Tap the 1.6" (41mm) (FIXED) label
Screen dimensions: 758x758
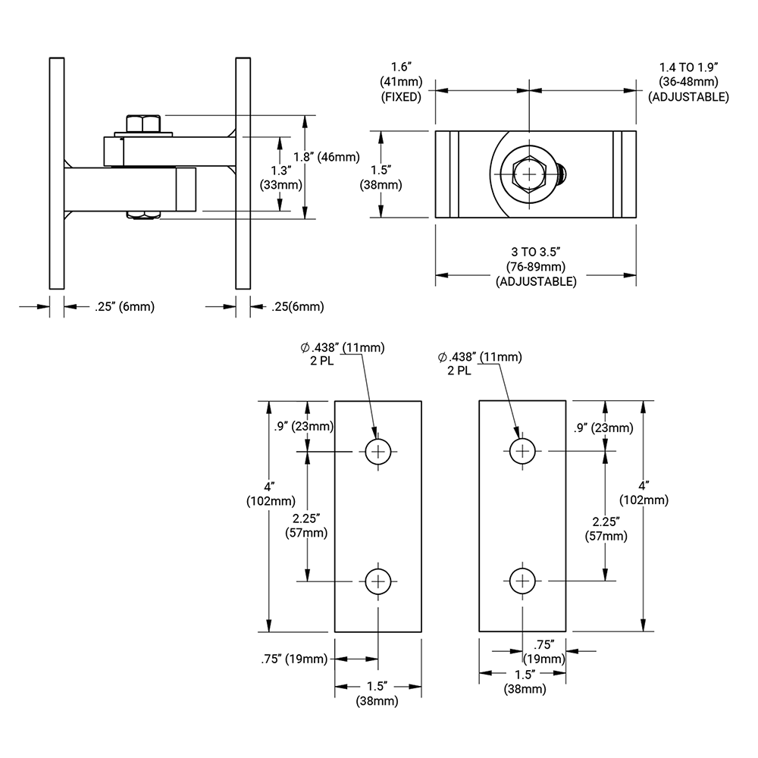point(401,81)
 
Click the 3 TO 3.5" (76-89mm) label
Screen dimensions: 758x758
point(536,265)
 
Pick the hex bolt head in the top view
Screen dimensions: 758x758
point(528,174)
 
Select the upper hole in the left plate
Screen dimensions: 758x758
point(377,452)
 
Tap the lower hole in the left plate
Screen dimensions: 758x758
point(377,581)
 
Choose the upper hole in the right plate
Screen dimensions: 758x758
point(522,451)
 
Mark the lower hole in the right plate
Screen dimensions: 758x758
point(522,581)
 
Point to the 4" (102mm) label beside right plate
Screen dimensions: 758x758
point(644,493)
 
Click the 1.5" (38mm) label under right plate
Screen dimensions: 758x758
point(525,681)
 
